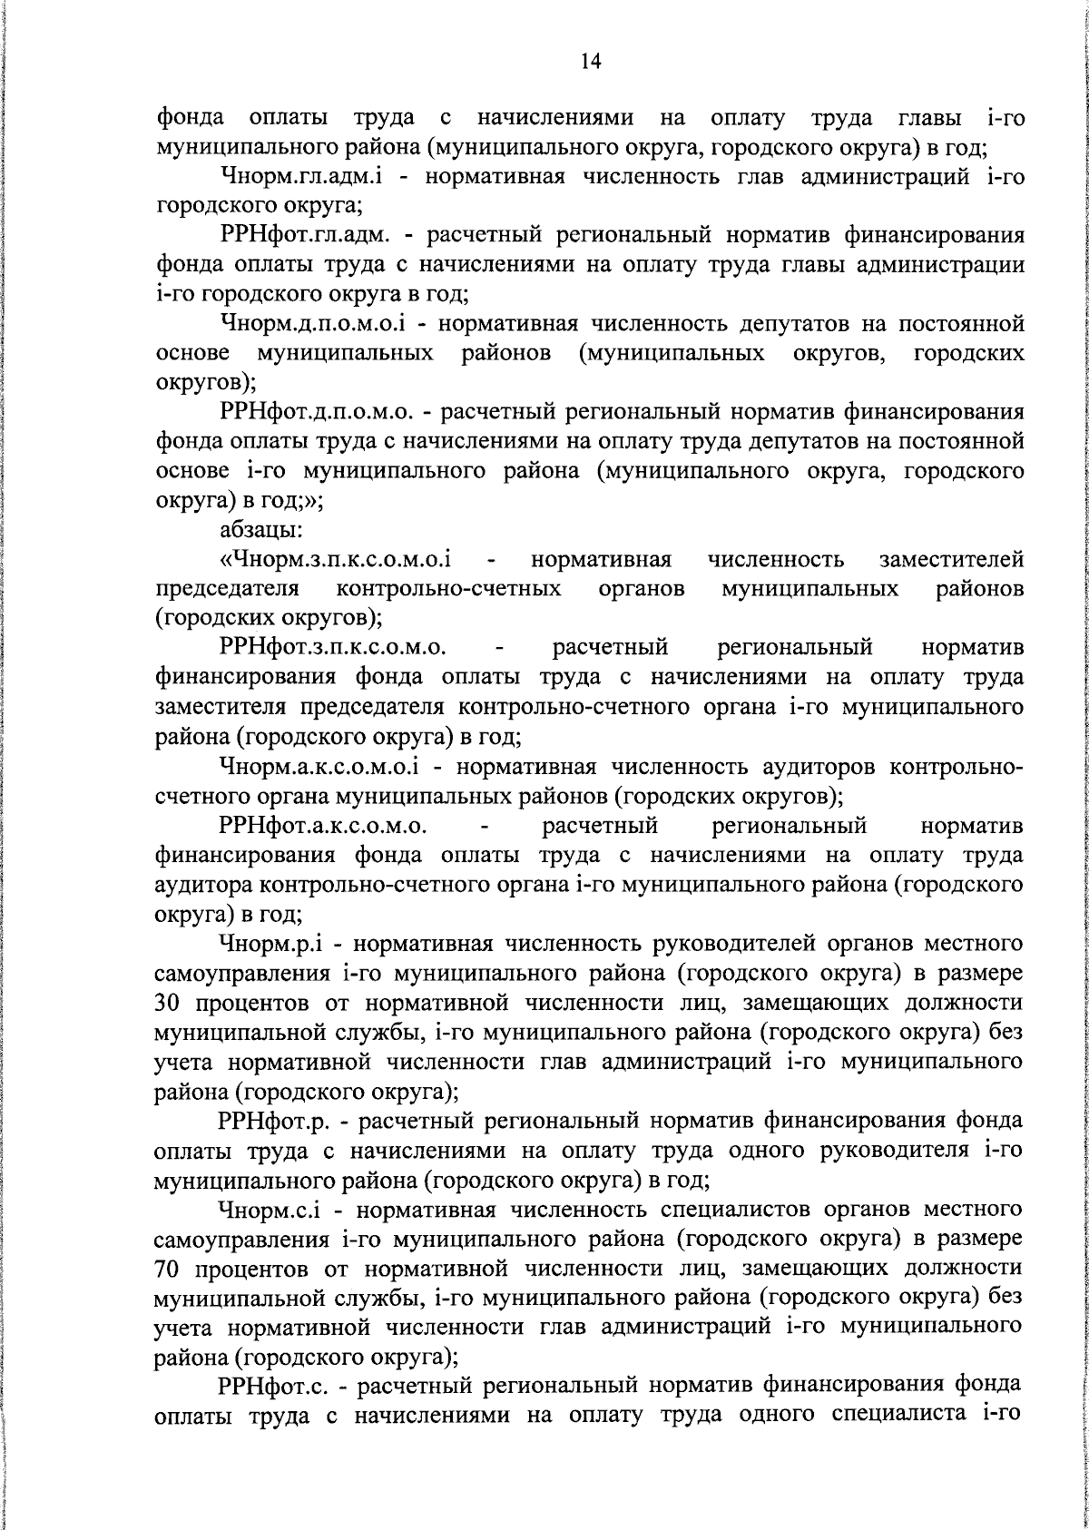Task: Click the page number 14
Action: [590, 61]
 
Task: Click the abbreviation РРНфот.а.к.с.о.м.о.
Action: [323, 827]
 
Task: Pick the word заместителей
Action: [952, 559]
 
